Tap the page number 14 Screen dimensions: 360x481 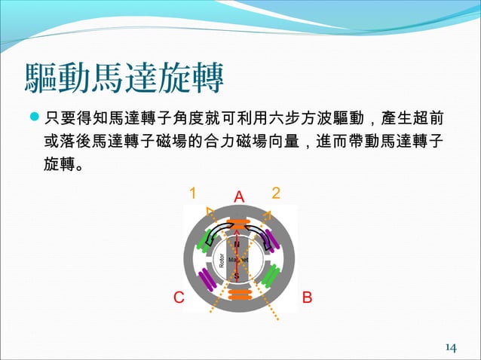pos(451,347)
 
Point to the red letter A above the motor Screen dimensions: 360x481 pos(240,197)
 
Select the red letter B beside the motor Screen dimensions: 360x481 pos(306,297)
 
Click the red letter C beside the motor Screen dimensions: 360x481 pos(179,297)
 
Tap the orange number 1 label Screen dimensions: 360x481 pos(193,194)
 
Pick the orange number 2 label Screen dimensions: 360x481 pos(276,193)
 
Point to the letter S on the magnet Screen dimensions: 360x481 pos(237,276)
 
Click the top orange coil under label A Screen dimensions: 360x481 pos(239,226)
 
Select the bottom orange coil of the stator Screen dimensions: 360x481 pos(239,293)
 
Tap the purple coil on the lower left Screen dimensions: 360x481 pos(204,278)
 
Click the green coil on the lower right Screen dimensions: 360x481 pos(271,278)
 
